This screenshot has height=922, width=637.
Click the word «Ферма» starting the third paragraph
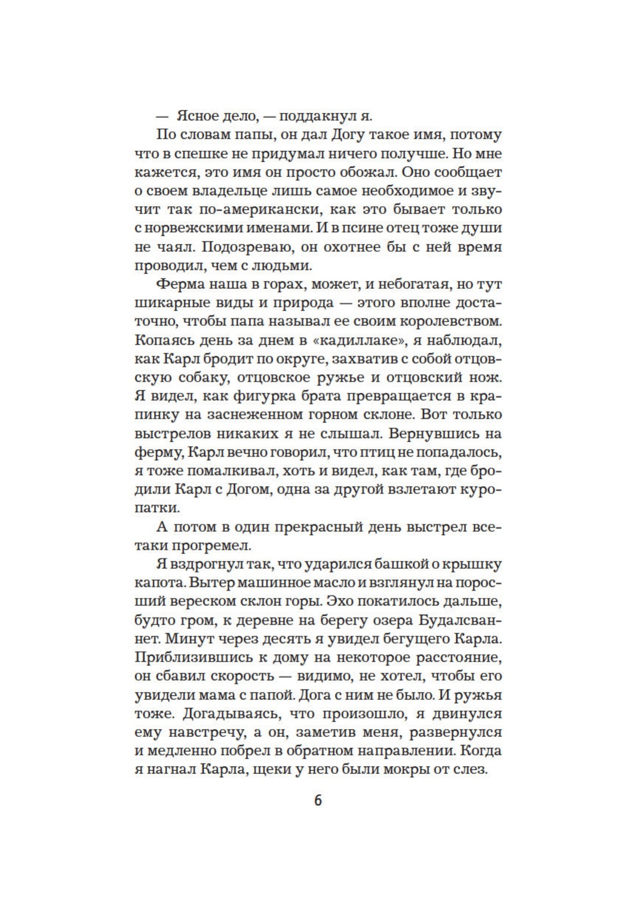[x=180, y=285]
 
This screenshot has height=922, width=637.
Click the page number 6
[x=317, y=801]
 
